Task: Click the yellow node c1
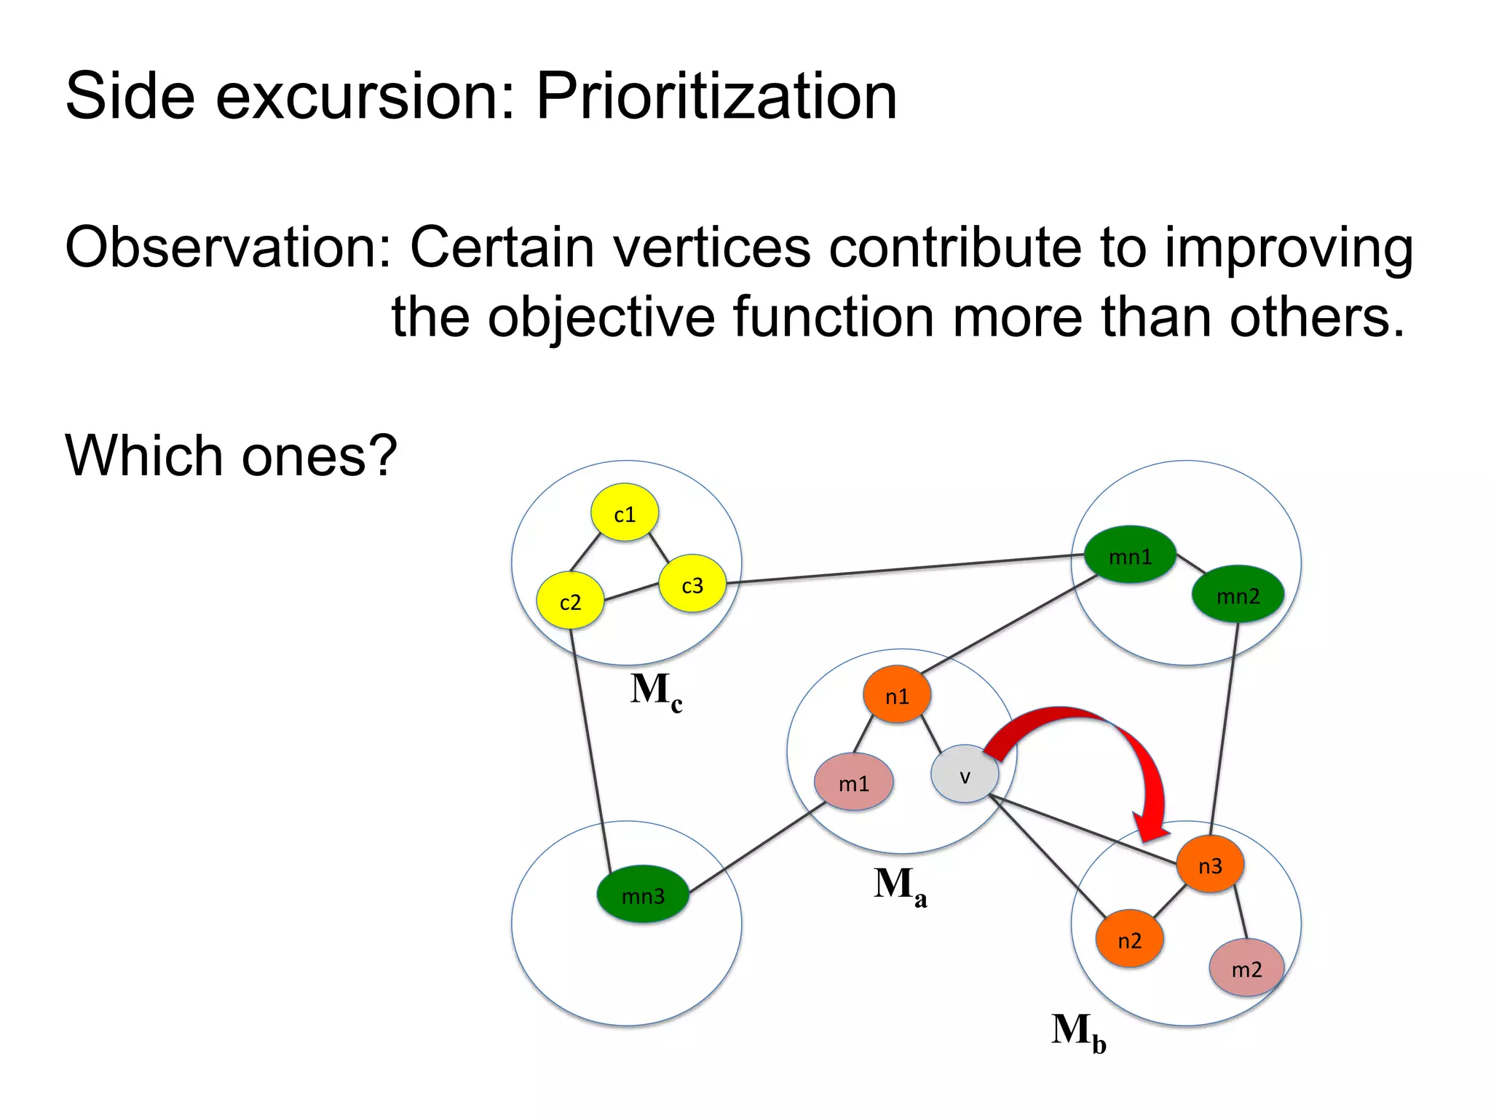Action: coord(625,513)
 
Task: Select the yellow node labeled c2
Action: coord(570,601)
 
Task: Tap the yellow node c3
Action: coord(692,584)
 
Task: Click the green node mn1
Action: coord(1130,556)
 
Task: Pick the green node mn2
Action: coord(1238,595)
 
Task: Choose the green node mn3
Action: coord(643,895)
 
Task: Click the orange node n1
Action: coord(897,696)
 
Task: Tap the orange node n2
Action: coord(1129,940)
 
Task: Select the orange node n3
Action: coord(1210,865)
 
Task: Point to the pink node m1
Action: coord(853,783)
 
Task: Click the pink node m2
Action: coord(1246,969)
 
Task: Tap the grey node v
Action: coord(965,776)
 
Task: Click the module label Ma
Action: coord(900,886)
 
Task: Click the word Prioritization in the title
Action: coord(716,97)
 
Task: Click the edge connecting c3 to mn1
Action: coord(903,569)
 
